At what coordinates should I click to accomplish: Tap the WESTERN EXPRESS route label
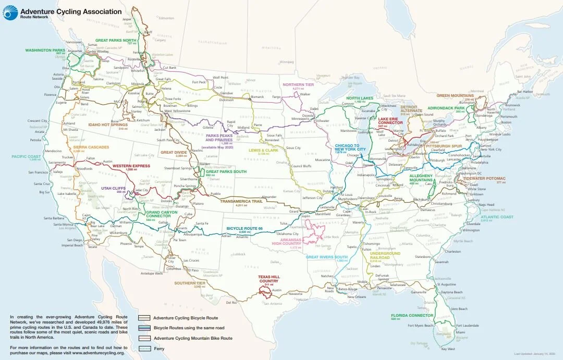pos(131,166)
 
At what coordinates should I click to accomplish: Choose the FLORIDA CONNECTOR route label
pos(412,315)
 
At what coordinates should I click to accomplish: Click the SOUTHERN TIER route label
pos(190,283)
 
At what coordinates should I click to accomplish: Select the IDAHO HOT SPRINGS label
pos(108,125)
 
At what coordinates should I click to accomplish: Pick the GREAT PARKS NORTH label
pos(115,40)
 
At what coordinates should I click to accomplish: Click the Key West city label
pos(447,349)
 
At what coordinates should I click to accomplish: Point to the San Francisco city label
pos(38,172)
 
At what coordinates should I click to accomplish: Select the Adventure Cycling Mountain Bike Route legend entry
pos(185,338)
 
